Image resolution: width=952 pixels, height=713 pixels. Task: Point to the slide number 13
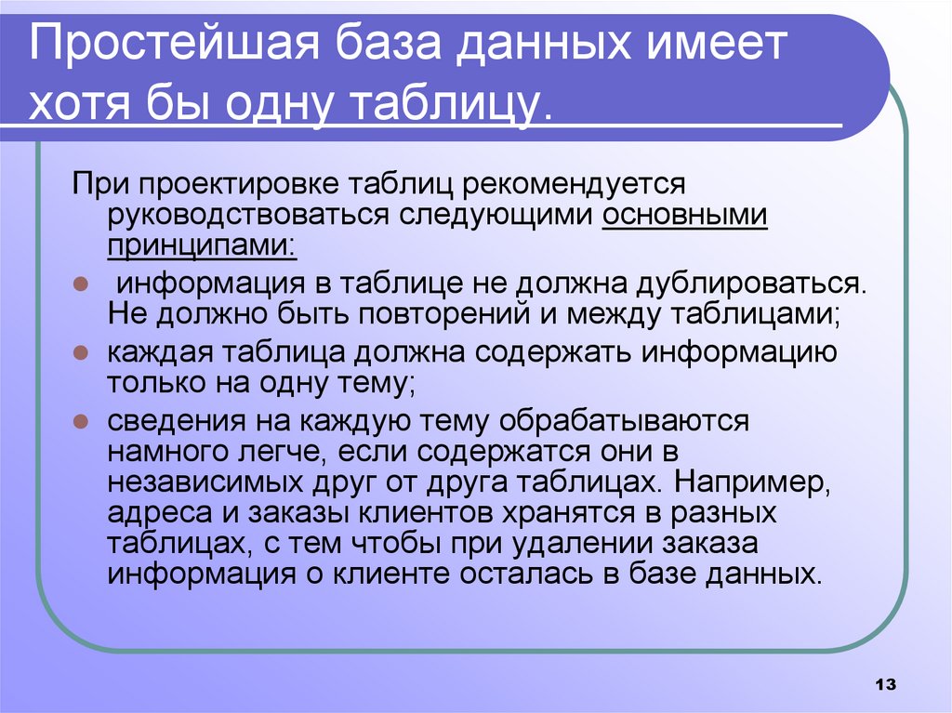tap(884, 685)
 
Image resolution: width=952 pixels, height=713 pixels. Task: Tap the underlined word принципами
tap(201, 245)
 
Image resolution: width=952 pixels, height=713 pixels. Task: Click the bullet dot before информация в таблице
tap(81, 284)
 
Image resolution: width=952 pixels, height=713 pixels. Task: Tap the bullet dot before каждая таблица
tap(81, 353)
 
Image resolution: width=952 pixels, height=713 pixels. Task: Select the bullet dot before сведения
tap(81, 421)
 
